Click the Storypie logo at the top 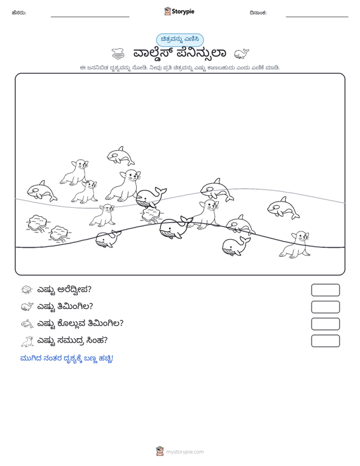point(179,11)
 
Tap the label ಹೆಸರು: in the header point(19,13)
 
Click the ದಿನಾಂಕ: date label point(258,13)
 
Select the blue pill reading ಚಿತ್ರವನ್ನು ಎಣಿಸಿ point(180,40)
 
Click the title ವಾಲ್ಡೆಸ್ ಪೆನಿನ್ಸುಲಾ point(179,53)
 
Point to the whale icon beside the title point(242,54)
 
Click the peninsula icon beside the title point(118,54)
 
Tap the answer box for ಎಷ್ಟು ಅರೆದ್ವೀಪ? point(325,290)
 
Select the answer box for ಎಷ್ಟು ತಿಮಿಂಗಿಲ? point(325,307)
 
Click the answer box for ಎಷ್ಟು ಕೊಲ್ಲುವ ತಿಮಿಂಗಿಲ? point(325,324)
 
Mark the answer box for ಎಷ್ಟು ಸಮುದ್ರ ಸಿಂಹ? point(325,341)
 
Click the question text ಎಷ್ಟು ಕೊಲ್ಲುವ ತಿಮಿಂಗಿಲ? point(80,323)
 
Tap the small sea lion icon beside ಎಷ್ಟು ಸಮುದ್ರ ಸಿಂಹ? point(27,341)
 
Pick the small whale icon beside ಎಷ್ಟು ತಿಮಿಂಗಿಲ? point(27,306)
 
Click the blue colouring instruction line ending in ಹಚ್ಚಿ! point(67,359)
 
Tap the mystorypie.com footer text point(184,452)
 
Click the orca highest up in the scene point(121,156)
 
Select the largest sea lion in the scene point(123,186)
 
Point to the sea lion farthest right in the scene point(295,245)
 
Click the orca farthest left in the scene point(42,191)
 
